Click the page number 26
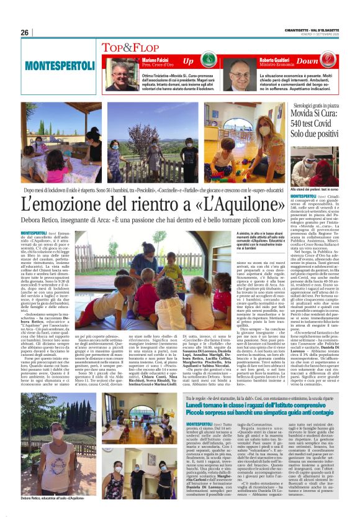tap(25, 32)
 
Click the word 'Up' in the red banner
tap(188, 61)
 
